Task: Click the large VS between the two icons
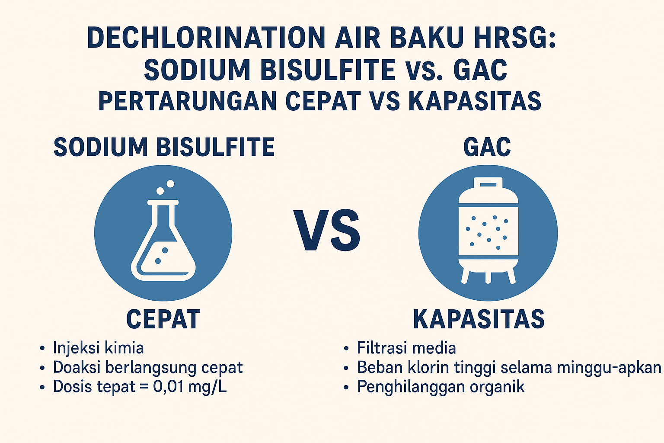click(x=327, y=230)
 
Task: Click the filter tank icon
click(x=488, y=230)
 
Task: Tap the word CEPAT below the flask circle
click(x=163, y=319)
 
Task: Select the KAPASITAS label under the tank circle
click(x=479, y=319)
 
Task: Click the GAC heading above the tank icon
click(x=487, y=147)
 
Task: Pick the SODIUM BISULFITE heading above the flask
click(x=164, y=147)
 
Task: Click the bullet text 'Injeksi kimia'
click(x=99, y=348)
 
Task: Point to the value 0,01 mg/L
click(x=190, y=387)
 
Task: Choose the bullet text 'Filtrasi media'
click(x=406, y=348)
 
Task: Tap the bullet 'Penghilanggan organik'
click(x=441, y=387)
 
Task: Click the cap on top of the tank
click(x=488, y=183)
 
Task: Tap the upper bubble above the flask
click(x=170, y=184)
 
